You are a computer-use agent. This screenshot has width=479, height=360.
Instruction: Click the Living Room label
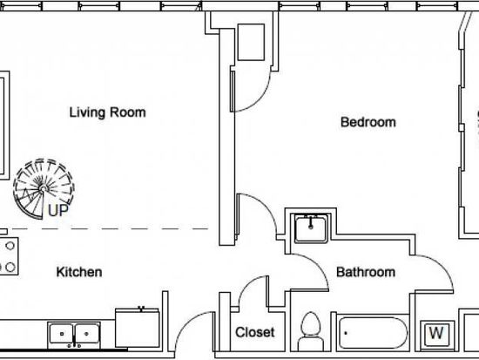(107, 112)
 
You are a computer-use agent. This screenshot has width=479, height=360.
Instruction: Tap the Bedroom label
(368, 122)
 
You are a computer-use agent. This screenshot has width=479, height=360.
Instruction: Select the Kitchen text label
(79, 272)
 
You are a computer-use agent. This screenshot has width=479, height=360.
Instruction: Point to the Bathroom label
(366, 272)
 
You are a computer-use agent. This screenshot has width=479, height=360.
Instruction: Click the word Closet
(255, 332)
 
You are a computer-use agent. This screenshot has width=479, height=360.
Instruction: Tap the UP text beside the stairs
(57, 210)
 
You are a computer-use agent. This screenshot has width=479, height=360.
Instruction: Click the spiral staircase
(44, 189)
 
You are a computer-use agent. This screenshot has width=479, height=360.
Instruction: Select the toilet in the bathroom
(310, 331)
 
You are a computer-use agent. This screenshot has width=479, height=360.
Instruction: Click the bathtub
(373, 333)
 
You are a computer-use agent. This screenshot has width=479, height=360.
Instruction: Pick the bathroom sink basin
(311, 228)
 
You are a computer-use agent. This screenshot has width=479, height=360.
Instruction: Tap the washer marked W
(437, 334)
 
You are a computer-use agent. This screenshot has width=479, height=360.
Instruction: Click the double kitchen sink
(74, 335)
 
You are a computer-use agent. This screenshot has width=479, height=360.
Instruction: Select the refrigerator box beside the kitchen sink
(137, 328)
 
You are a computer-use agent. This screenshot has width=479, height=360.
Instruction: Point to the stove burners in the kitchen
(8, 256)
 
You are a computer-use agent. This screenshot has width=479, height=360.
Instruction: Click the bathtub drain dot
(346, 333)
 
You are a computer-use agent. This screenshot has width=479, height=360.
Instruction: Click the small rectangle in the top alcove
(251, 42)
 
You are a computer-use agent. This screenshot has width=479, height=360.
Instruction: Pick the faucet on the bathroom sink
(311, 222)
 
